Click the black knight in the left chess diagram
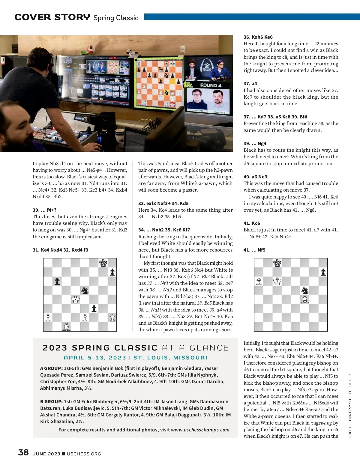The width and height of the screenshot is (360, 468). (x=85, y=290)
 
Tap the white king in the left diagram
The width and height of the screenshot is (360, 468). (x=76, y=299)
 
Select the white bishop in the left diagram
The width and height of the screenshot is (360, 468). (x=66, y=326)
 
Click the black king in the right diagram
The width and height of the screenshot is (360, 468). (x=277, y=263)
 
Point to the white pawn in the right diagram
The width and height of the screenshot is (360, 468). (x=259, y=282)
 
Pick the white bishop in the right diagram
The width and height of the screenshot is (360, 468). (x=305, y=300)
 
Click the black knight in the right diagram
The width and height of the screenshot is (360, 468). (x=305, y=290)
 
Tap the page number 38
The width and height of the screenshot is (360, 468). (x=23, y=452)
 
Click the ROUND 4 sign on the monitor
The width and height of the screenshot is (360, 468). (x=211, y=85)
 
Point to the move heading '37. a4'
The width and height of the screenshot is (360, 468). (x=250, y=84)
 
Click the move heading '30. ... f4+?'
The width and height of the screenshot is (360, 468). (x=44, y=210)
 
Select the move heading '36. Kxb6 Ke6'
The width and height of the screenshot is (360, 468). (x=258, y=37)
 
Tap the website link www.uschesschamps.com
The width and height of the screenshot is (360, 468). (x=201, y=430)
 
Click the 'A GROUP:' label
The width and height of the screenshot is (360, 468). (x=51, y=368)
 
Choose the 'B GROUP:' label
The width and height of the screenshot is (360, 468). (x=51, y=401)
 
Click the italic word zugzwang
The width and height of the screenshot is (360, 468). (x=321, y=423)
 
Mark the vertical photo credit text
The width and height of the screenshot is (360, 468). (x=350, y=406)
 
